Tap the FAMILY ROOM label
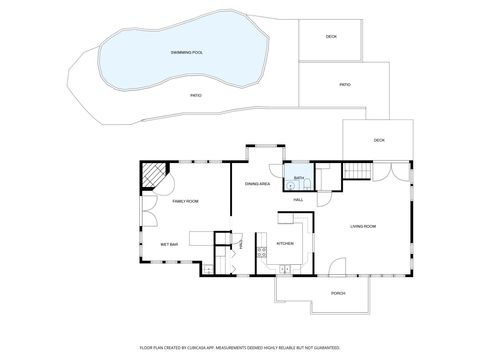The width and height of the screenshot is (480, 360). (x=185, y=202)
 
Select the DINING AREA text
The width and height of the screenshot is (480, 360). (x=258, y=184)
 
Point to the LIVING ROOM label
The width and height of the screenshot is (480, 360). (x=362, y=226)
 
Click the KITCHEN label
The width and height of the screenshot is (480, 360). (x=285, y=243)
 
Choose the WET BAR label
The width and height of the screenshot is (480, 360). (x=168, y=244)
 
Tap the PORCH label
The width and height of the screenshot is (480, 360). (x=338, y=293)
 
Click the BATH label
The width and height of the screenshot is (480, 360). (x=298, y=178)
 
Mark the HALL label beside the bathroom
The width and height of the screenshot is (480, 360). (x=298, y=200)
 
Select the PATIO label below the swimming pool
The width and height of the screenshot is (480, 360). (x=196, y=95)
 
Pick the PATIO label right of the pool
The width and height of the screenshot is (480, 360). (x=344, y=85)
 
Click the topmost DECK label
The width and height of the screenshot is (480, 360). (x=331, y=37)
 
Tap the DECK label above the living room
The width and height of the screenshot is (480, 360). (x=379, y=140)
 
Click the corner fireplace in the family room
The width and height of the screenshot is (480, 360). (x=152, y=177)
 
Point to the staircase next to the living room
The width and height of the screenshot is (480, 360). (x=357, y=172)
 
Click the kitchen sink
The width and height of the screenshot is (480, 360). (x=285, y=268)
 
